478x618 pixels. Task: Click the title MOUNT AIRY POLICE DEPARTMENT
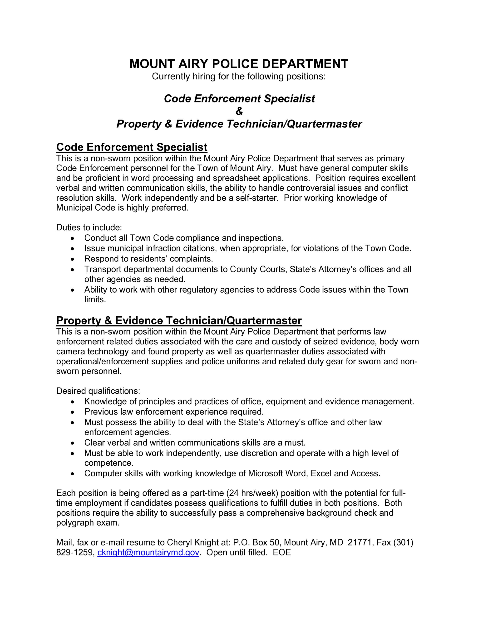click(239, 64)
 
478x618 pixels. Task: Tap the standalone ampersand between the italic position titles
click(239, 111)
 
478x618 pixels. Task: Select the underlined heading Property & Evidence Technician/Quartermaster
click(179, 321)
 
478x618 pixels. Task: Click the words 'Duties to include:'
click(89, 227)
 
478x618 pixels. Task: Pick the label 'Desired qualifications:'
click(98, 391)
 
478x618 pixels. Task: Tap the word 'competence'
click(108, 463)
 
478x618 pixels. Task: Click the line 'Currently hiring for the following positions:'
click(239, 76)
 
